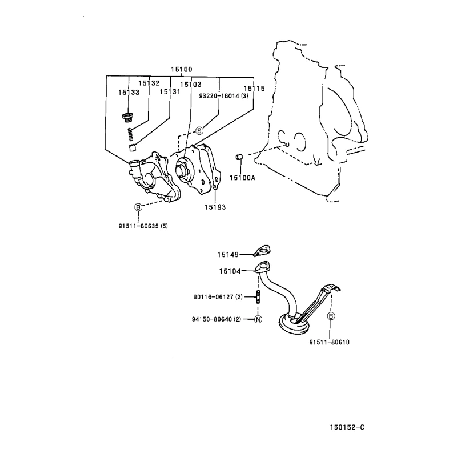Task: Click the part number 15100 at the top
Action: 181,69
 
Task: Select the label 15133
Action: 129,93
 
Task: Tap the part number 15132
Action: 149,83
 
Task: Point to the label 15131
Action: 170,92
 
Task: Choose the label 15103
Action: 191,85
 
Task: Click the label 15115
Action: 254,89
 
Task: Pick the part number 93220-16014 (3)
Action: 223,96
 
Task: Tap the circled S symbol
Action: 199,131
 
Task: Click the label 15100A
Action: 242,178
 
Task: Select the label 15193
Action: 215,207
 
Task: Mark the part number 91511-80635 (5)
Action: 143,226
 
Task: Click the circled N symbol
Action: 258,319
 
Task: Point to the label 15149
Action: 227,255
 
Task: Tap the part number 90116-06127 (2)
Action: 218,297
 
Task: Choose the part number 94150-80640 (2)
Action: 217,319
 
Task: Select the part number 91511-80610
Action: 330,342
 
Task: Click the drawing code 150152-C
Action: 347,427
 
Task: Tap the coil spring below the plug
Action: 131,134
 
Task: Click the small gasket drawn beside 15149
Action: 262,251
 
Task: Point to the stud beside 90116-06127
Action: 258,297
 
